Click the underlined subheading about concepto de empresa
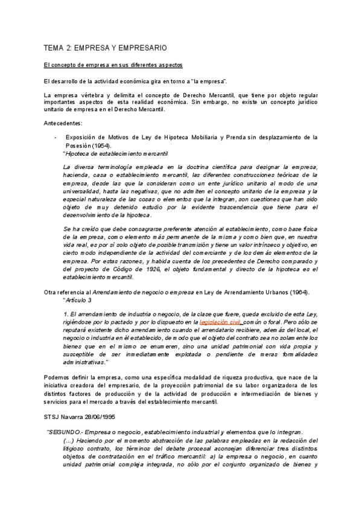pos(114,65)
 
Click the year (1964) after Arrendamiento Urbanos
pos(297,293)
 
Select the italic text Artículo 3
pos(78,300)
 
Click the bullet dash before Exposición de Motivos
pos(56,137)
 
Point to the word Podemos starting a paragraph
pos(56,377)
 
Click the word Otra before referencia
pos(51,293)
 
